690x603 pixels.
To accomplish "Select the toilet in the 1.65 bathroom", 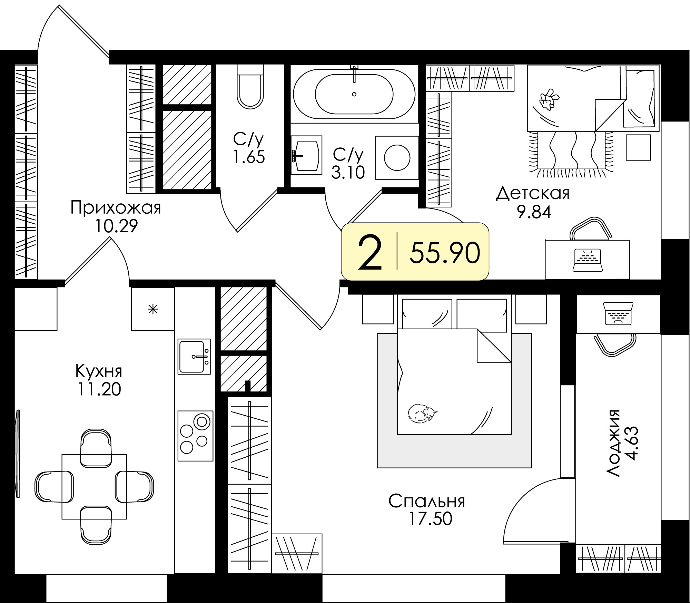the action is pos(250,86).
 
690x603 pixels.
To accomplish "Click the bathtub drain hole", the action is pos(354,94).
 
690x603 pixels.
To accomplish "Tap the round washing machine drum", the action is pos(397,158).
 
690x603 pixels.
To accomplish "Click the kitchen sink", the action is pos(194,356).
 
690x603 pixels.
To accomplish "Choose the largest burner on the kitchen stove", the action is pos(202,422).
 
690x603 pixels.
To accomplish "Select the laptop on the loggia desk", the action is pos(619,313).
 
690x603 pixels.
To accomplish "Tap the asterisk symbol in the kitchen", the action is pos(153,309).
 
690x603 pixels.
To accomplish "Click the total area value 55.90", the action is pos(445,253).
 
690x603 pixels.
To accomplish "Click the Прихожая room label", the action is pos(116,208).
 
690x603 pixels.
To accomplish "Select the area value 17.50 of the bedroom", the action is pos(430,519).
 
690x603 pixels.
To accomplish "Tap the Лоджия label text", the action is pos(613,444).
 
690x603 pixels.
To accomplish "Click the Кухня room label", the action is pos(99,372).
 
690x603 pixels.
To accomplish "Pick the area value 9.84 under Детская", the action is pos(534,212).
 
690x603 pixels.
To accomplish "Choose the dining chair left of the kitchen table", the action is pos(54,487).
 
